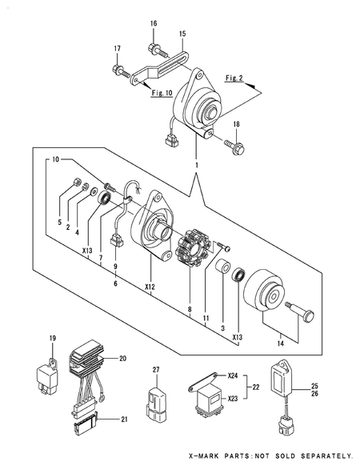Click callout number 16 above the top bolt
[154, 24]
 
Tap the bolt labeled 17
[120, 70]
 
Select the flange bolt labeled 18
[235, 145]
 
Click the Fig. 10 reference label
[162, 93]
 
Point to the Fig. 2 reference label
[234, 78]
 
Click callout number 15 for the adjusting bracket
[182, 34]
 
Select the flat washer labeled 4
[94, 190]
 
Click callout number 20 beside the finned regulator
[122, 358]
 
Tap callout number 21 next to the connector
[124, 420]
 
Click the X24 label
[233, 376]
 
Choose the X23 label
[233, 399]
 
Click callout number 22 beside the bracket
[255, 388]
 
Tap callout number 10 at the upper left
[56, 159]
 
